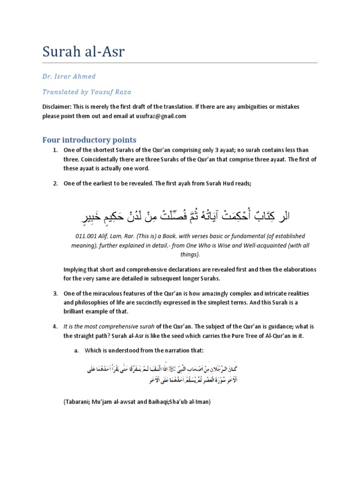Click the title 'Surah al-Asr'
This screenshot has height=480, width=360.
tap(84, 52)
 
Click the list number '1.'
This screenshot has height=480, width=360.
tap(55, 150)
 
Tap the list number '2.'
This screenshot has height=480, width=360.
tap(55, 184)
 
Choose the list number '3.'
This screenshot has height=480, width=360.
tap(55, 293)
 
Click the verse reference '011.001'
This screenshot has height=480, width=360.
tap(78, 236)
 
